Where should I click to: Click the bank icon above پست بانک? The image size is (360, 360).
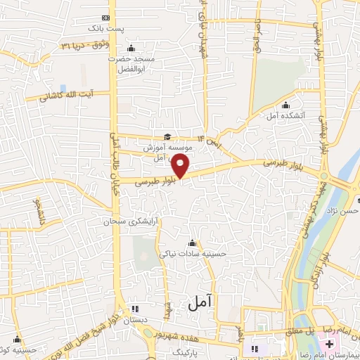[x=106, y=17]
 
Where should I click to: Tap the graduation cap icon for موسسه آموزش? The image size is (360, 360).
[x=167, y=137]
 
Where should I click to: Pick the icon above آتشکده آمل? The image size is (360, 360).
[x=285, y=106]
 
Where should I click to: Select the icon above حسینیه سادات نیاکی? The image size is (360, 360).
[x=193, y=244]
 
